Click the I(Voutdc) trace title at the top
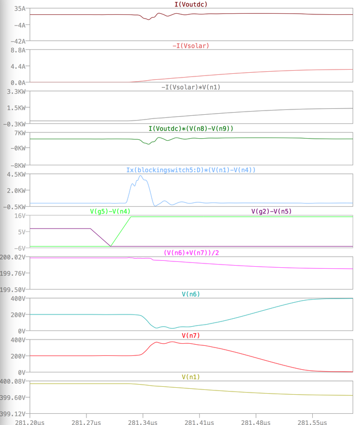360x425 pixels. tap(191, 4)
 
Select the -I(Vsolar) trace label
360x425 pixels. tap(191, 46)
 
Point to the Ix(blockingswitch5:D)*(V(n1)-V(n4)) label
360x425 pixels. tap(191, 170)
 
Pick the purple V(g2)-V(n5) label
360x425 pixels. tap(271, 211)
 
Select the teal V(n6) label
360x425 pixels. tap(191, 294)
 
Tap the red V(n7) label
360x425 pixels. tap(191, 335)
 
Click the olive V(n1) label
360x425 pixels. tap(191, 377)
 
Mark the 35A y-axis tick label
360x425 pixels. tap(20, 9)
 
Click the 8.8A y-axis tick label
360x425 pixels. tap(19, 50)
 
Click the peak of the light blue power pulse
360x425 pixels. tap(140, 176)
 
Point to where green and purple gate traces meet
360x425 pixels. tap(110, 246)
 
